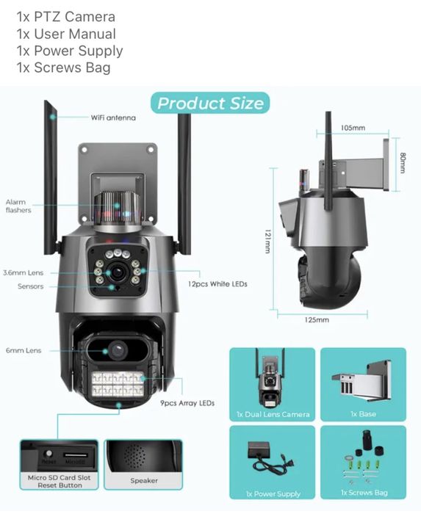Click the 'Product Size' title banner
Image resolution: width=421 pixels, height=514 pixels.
click(x=210, y=103)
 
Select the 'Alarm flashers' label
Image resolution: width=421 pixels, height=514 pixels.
click(x=18, y=206)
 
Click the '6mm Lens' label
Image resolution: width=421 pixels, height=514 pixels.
click(x=23, y=350)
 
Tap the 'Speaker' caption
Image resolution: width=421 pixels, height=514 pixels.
click(x=144, y=481)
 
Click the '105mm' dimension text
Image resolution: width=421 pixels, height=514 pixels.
click(x=353, y=128)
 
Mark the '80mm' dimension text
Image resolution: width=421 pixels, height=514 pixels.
click(x=403, y=162)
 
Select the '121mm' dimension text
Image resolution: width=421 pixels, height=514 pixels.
click(x=267, y=239)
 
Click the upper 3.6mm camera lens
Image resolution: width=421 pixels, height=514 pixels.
click(x=117, y=272)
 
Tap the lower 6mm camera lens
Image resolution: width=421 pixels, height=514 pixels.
click(x=114, y=350)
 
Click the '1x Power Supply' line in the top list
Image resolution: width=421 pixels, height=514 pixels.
click(x=69, y=51)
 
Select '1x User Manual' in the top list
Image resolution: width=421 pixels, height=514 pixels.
click(x=65, y=34)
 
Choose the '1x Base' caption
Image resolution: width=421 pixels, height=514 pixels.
click(x=364, y=414)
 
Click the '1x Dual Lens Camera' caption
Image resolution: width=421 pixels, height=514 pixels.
click(x=272, y=414)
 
